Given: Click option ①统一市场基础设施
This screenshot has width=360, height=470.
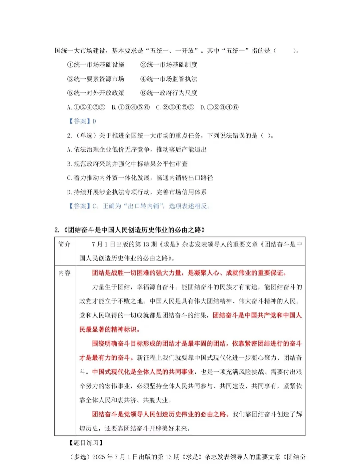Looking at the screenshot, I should (96, 65).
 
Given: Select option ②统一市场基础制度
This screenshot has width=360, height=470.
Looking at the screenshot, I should (169, 65).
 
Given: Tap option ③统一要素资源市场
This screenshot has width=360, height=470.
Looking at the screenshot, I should (96, 79).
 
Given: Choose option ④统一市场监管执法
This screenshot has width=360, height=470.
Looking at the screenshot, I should (169, 79).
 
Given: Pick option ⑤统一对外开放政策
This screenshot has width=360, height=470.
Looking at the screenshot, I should (96, 93).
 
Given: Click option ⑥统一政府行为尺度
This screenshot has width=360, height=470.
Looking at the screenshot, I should (169, 93).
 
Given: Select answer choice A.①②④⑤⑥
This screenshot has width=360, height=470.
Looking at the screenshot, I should (86, 107).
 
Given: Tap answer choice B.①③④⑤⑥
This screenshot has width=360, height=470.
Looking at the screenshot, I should (131, 107).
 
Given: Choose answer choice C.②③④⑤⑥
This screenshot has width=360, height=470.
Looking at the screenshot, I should (175, 107).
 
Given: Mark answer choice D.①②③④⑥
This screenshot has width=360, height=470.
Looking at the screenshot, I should (219, 107).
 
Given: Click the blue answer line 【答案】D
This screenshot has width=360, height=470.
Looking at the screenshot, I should (82, 121).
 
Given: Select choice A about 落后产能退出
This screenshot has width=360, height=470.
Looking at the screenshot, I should (137, 150).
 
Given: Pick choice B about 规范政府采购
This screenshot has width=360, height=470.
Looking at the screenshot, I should (127, 164).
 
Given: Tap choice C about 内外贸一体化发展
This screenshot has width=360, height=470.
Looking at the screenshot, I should (140, 178).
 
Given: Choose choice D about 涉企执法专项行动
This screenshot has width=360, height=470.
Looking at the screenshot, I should (137, 192).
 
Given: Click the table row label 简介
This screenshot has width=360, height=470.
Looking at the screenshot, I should (65, 244).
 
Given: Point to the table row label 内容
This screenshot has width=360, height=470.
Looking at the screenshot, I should (65, 273).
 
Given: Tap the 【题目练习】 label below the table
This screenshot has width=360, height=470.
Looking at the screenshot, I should (86, 443).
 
